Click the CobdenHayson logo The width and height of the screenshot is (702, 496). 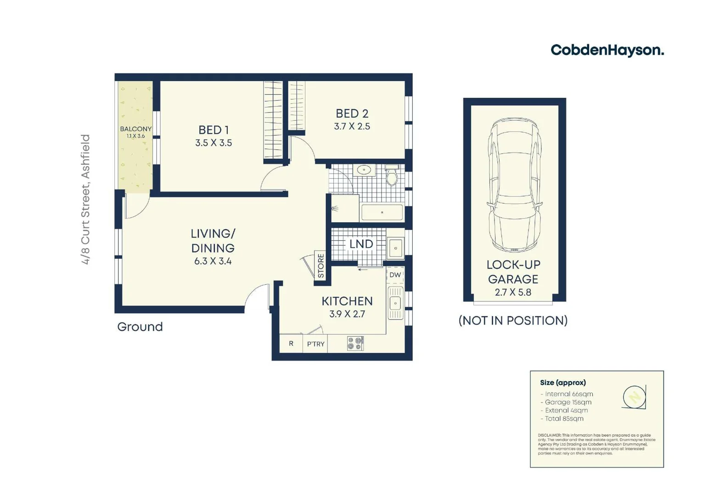coord(607,50)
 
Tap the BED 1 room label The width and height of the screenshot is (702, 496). coord(213,130)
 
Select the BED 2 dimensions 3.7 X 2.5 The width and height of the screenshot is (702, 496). coord(352,126)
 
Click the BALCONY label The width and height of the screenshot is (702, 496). coord(135,129)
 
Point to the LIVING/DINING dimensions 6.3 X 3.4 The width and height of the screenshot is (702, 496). coord(213,261)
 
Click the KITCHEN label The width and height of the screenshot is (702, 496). coord(347,301)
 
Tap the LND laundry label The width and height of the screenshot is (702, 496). coord(361,244)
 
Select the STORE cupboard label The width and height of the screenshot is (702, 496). coord(321,265)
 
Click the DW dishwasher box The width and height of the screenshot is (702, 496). coord(395,275)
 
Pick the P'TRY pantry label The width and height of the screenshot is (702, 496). coord(315,344)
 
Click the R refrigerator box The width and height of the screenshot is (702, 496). coord(291,344)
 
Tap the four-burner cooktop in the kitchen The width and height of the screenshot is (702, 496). coord(355,344)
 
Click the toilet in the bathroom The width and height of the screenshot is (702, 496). coord(392,175)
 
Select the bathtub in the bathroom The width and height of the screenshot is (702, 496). coord(382,213)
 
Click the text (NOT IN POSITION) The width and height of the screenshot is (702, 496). coord(513,321)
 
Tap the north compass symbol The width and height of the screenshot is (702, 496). coord(635,396)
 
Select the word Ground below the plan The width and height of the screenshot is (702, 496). coord(140,327)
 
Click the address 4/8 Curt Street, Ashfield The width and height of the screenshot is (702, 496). coord(86,199)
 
